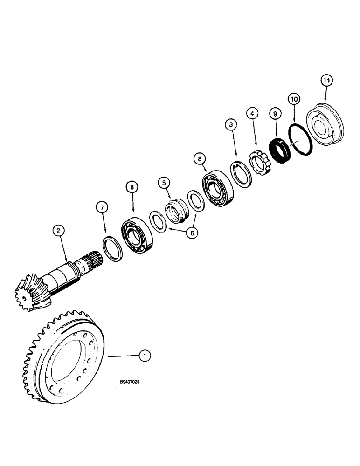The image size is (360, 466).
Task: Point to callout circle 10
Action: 294,99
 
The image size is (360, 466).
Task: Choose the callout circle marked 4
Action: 252,113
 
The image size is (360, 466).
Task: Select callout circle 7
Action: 103,206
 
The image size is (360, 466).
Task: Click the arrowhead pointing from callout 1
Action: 110,357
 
